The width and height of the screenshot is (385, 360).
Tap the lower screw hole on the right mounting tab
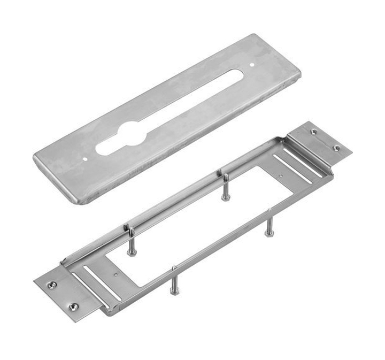coord(336,148)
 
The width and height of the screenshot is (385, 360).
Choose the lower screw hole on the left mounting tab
coord(73,307)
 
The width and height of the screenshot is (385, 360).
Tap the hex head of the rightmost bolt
coord(269,233)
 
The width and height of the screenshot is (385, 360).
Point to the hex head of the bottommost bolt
coord(174,292)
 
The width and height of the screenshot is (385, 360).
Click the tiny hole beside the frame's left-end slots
coord(117,275)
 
